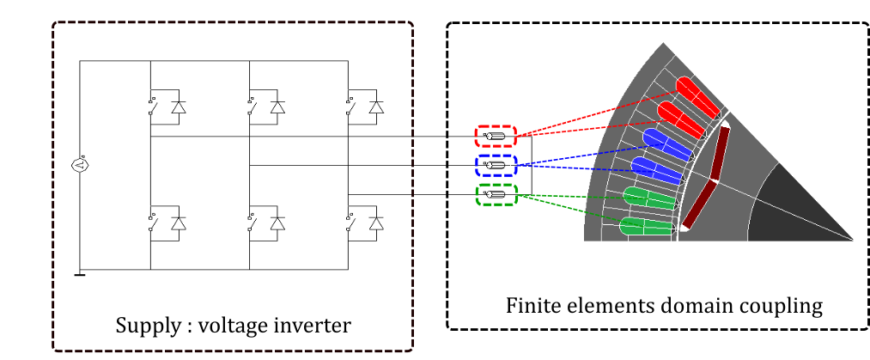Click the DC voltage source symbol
(x=81, y=165)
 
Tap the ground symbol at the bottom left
(x=81, y=274)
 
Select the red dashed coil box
(x=496, y=136)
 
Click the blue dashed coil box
(x=496, y=165)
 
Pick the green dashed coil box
(x=496, y=195)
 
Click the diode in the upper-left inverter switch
(x=179, y=107)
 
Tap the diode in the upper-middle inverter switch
(x=277, y=107)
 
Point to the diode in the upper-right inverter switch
(x=376, y=107)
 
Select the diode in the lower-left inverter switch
(x=179, y=223)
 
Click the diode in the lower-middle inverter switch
(x=277, y=223)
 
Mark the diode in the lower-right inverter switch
(x=376, y=223)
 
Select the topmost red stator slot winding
(x=697, y=96)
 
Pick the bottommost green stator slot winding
(x=644, y=228)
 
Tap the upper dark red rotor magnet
(x=720, y=154)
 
